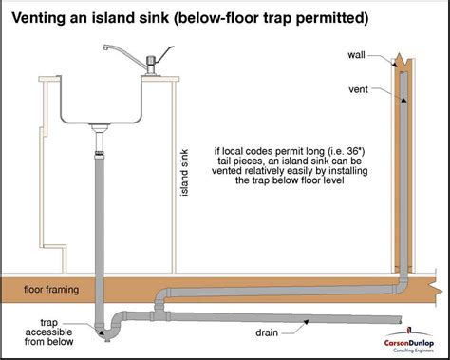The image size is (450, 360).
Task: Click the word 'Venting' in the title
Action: pyautogui.click(x=38, y=18)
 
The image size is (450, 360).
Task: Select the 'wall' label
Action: pyautogui.click(x=356, y=55)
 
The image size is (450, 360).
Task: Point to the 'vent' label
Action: pyautogui.click(x=358, y=89)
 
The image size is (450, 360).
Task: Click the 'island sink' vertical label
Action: pyautogui.click(x=184, y=173)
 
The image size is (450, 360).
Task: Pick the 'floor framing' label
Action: pyautogui.click(x=51, y=290)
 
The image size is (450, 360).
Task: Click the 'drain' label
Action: pyautogui.click(x=267, y=332)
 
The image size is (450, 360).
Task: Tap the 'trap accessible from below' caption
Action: pyautogui.click(x=49, y=332)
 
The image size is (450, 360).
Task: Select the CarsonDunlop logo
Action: pyautogui.click(x=409, y=340)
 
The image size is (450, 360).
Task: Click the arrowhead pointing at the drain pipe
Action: pyautogui.click(x=306, y=322)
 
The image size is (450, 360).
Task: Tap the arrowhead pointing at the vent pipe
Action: pyautogui.click(x=403, y=100)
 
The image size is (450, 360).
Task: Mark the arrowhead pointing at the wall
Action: pyautogui.click(x=395, y=65)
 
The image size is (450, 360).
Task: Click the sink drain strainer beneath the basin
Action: pyautogui.click(x=100, y=127)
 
